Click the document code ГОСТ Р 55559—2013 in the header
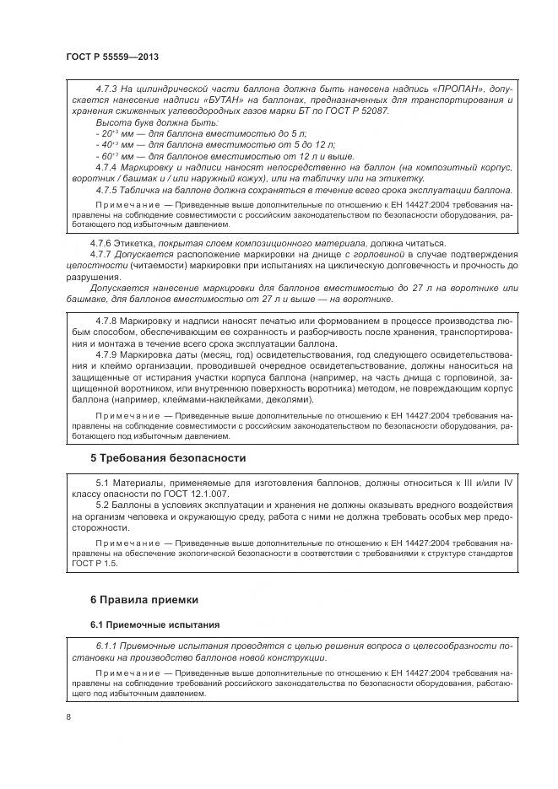point(112,57)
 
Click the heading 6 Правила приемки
point(144,600)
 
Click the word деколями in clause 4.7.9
point(288,399)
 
